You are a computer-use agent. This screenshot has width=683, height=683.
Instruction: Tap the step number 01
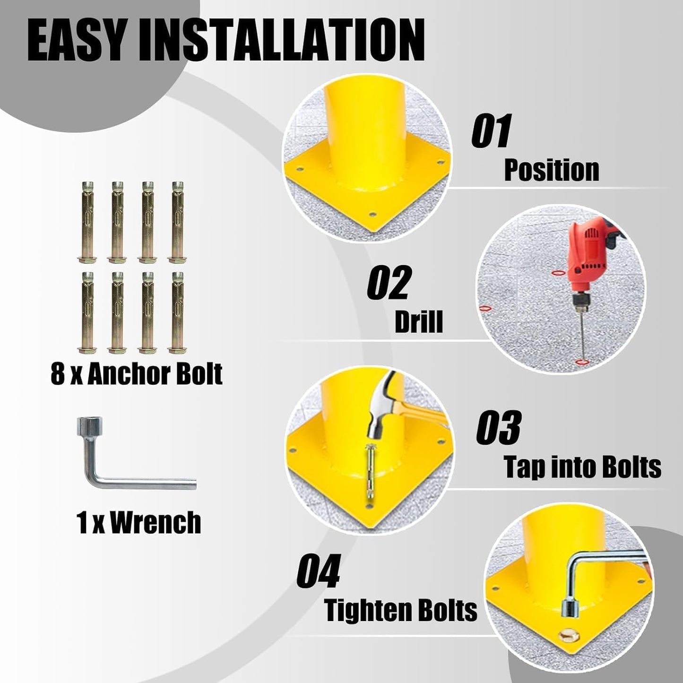coord(491,130)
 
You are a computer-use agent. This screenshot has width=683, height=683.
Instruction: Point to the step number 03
coord(498,427)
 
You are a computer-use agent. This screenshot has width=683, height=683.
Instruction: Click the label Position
coord(552,171)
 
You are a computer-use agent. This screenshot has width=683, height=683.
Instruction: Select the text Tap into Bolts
coord(583,467)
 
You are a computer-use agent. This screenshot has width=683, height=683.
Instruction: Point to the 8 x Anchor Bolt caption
coord(137,374)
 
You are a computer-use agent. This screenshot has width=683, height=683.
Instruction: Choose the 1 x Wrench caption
coord(138,522)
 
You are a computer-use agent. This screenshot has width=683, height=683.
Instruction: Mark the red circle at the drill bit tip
coord(581,362)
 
